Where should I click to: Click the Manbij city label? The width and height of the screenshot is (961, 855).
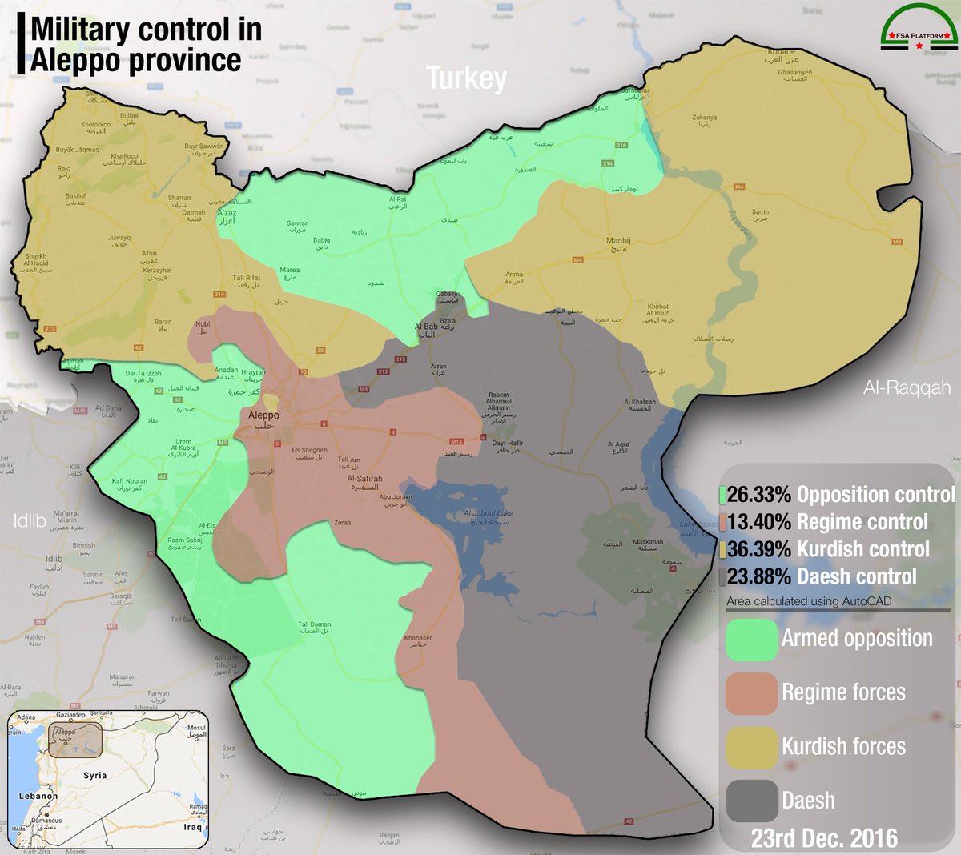tap(618, 244)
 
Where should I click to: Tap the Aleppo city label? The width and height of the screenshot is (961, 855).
tap(263, 420)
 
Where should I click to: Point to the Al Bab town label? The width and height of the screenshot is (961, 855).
tap(426, 331)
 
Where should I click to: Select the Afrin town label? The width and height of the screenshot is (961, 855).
tap(150, 257)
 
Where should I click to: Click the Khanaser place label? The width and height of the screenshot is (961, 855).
tap(418, 641)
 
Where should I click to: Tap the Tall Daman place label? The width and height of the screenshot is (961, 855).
tap(315, 628)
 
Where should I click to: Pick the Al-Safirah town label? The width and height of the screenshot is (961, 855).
tap(364, 482)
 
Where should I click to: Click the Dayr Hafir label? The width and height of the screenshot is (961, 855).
tap(508, 447)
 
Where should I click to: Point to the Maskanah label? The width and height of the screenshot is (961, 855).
tap(648, 545)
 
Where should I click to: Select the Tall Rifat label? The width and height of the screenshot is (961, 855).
tap(247, 281)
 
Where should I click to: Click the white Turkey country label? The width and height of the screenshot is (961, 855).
tap(466, 78)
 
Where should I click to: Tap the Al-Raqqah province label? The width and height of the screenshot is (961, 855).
tap(907, 388)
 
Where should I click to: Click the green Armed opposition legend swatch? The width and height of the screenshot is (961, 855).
tap(751, 640)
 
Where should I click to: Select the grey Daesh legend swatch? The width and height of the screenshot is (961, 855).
tap(751, 801)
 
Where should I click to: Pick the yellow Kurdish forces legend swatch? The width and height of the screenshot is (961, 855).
tap(751, 747)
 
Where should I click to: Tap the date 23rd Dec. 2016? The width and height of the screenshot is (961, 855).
tap(824, 838)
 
